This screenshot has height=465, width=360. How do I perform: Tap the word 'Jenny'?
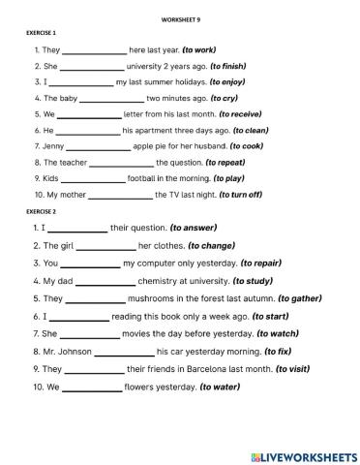click(x=54, y=146)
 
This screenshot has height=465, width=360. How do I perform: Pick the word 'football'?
click(x=145, y=178)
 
